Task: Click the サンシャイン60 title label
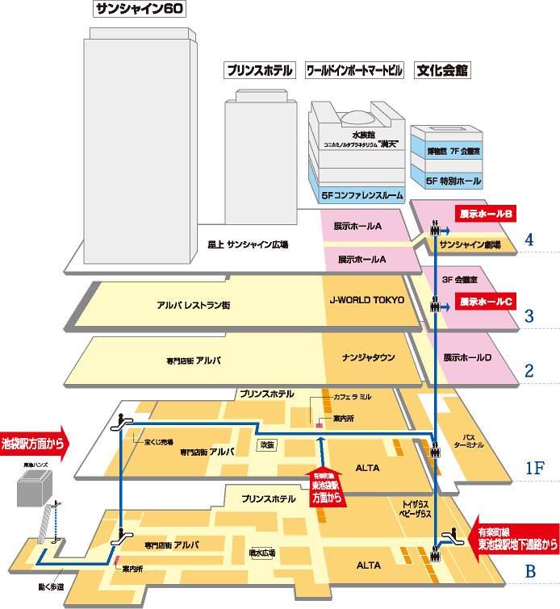[140, 10]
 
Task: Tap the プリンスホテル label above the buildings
[258, 70]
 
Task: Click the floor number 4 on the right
[529, 240]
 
